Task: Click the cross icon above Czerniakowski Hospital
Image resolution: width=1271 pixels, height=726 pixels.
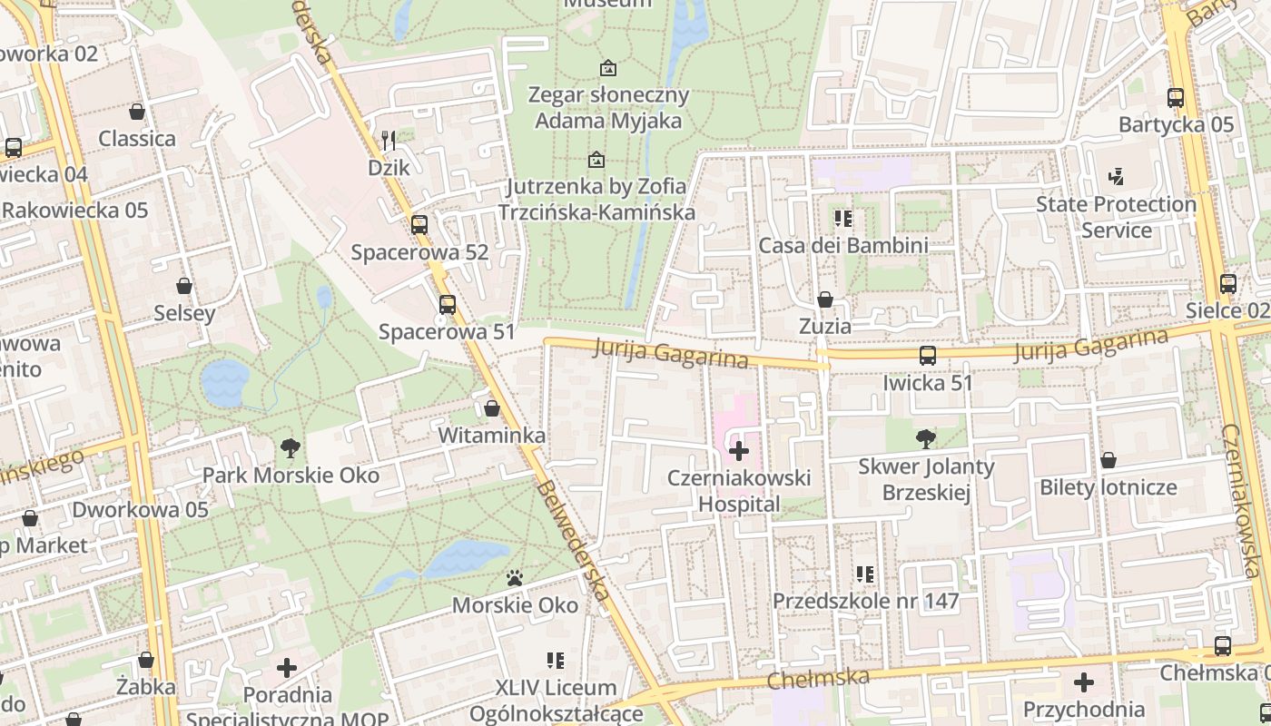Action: (x=739, y=450)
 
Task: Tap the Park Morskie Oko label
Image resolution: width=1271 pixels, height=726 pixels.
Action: (x=291, y=476)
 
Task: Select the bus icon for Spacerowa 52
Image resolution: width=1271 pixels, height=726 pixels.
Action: (x=419, y=224)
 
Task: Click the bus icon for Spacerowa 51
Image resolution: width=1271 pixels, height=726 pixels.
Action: (x=447, y=304)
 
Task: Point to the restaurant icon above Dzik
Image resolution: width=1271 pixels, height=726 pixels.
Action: (x=389, y=140)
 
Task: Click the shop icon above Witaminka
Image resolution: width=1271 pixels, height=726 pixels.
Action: (x=492, y=408)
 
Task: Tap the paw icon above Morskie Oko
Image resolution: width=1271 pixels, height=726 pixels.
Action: (x=515, y=577)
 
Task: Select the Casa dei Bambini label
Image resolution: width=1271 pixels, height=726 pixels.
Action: (x=842, y=245)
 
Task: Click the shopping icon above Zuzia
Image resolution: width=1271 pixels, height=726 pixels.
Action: (x=825, y=299)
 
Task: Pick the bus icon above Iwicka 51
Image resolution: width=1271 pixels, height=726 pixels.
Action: (x=927, y=355)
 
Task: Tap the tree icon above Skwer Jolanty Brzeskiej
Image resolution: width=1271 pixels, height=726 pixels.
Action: (x=925, y=439)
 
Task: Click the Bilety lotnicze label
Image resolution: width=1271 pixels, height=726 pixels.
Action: (x=1108, y=487)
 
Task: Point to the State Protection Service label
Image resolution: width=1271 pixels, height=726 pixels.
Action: (x=1116, y=217)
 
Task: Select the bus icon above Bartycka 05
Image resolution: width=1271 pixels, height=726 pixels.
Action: (x=1176, y=97)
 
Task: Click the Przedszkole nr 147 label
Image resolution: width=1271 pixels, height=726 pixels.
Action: (x=865, y=601)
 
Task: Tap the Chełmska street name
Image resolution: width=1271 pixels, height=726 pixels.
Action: (x=818, y=677)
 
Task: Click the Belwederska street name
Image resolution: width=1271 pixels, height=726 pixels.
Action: (x=572, y=540)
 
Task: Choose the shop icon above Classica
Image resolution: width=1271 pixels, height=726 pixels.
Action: (x=137, y=112)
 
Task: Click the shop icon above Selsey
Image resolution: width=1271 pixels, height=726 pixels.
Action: (x=184, y=286)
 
